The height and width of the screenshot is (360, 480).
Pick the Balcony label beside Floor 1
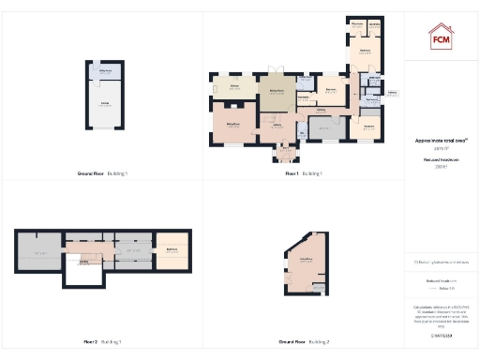pos(392,94)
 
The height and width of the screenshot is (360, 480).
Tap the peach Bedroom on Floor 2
pos(172,249)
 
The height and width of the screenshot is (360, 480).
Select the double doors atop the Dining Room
pos(277,73)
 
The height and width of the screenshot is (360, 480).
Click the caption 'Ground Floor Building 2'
pos(304,342)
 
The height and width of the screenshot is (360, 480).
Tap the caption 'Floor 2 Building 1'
pos(104,342)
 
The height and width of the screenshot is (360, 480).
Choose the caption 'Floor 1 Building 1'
pos(304,173)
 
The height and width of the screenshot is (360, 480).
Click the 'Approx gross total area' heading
pos(441,141)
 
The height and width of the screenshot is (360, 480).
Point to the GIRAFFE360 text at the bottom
pos(441,335)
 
